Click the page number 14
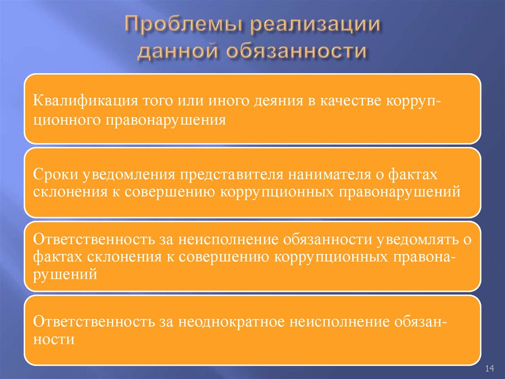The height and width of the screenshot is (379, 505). point(490,369)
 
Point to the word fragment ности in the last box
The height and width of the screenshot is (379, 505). point(54,339)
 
